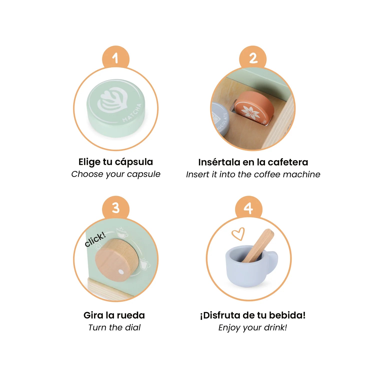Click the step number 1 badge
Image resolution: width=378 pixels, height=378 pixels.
tap(115, 58)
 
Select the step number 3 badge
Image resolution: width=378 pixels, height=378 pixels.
tap(115, 208)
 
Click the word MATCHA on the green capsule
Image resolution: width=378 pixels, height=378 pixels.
tap(132, 113)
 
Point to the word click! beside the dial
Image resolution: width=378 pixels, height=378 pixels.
tap(95, 239)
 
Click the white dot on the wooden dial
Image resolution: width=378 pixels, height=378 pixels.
tap(121, 272)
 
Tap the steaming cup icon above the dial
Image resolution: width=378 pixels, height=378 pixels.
tap(121, 232)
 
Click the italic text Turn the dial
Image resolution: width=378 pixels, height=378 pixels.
tap(114, 327)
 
